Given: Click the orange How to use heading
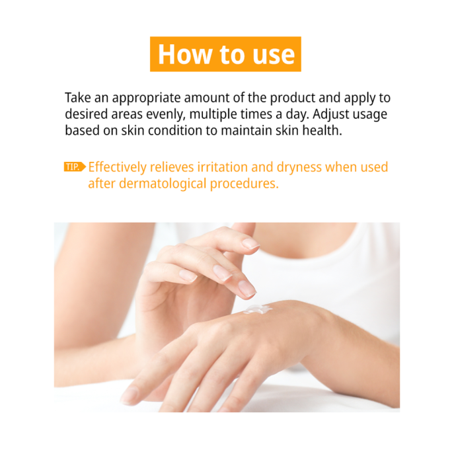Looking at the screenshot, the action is tap(225, 54).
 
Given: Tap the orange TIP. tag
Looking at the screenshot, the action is tap(75, 167).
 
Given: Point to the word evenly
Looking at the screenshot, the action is tap(165, 115).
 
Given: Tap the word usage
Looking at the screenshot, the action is tap(371, 115).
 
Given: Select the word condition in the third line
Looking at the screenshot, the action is tap(175, 130).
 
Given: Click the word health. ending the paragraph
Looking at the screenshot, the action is tap(322, 130).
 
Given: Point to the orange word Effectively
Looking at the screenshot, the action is tap(117, 167).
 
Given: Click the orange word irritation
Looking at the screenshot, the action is tap(223, 167).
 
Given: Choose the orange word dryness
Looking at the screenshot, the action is tap(299, 168).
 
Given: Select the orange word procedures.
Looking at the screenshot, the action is tap(245, 184).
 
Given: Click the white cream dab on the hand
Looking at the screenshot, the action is tap(258, 309).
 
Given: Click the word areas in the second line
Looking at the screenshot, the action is tap(127, 115).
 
